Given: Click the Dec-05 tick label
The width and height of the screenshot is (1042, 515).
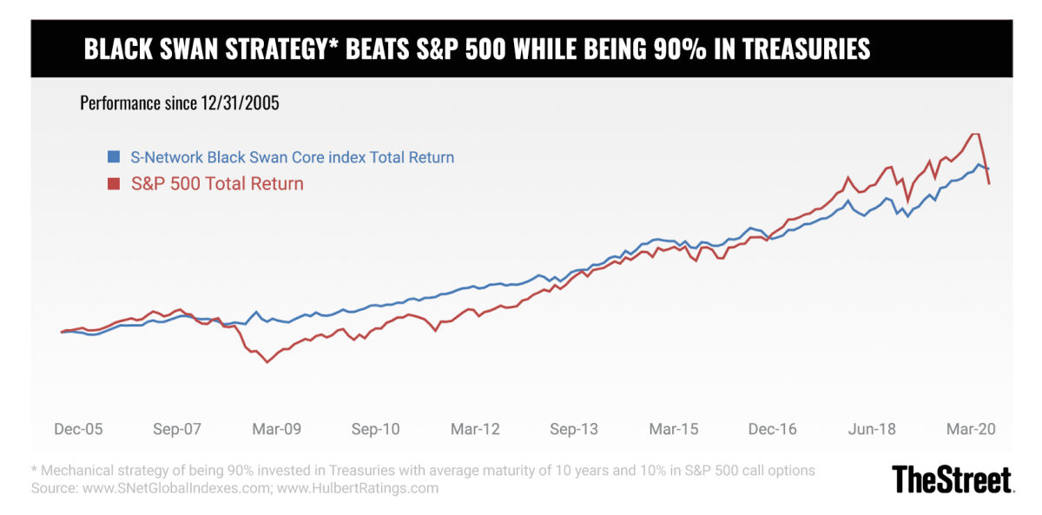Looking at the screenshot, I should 78,429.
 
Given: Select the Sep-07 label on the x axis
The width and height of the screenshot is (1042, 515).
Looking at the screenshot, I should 177,429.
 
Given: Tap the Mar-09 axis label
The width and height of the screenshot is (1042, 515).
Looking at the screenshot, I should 276,429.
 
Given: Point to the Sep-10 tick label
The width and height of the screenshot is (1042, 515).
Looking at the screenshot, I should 375,429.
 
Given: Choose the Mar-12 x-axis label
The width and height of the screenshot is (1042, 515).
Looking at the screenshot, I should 475,429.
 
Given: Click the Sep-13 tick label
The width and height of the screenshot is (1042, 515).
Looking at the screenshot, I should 574,429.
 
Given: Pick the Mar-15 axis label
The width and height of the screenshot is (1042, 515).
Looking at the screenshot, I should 674,429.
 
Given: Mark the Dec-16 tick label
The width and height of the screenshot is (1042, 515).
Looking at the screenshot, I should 773,429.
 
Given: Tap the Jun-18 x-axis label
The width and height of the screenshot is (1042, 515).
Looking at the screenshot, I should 872,429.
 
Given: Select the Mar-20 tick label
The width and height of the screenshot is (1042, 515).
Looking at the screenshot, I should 972,429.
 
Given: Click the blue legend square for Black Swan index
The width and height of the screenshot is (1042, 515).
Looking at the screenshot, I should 113,157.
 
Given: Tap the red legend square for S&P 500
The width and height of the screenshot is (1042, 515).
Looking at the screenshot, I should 113,183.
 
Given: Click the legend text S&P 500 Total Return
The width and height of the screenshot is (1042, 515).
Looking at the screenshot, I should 217,183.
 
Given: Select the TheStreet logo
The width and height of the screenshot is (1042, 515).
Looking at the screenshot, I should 953,479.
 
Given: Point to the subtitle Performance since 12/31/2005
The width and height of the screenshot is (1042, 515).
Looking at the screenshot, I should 180,103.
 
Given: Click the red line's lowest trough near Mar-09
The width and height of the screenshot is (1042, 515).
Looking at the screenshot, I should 267,362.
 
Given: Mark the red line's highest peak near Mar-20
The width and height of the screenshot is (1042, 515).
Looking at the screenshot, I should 975,134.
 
